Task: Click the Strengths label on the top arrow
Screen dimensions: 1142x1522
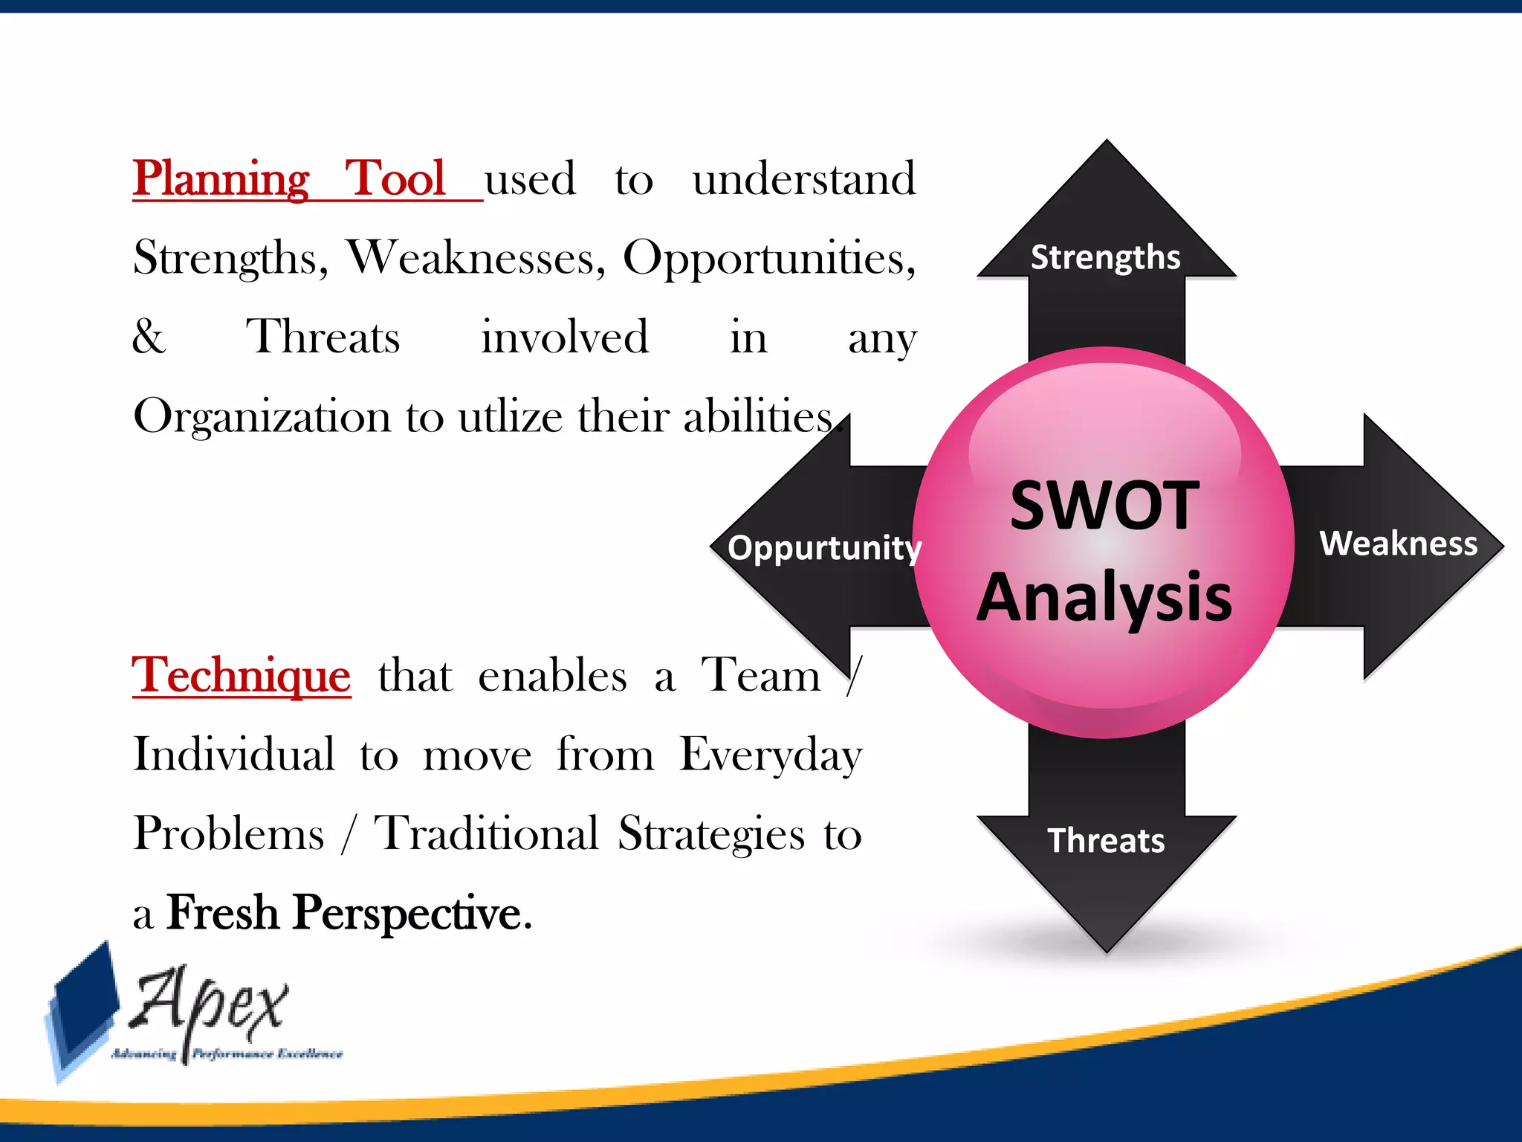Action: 1105,257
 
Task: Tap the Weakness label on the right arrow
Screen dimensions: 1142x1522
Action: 1398,543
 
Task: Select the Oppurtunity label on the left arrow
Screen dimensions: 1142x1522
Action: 824,548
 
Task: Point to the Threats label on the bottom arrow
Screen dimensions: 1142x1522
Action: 1106,841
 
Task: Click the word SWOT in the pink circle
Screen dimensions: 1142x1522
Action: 1104,506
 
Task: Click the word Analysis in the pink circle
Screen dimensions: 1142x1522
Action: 1104,597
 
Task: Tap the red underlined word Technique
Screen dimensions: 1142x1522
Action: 241,675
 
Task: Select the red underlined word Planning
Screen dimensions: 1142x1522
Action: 221,178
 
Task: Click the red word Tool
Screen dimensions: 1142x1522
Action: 395,178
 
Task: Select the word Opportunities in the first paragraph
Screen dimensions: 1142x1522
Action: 768,258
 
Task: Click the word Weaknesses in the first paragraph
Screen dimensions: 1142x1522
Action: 476,258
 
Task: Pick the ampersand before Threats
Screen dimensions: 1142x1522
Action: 149,337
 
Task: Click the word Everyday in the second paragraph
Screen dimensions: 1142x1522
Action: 771,755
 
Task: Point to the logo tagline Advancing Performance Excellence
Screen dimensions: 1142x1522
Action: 227,1054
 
